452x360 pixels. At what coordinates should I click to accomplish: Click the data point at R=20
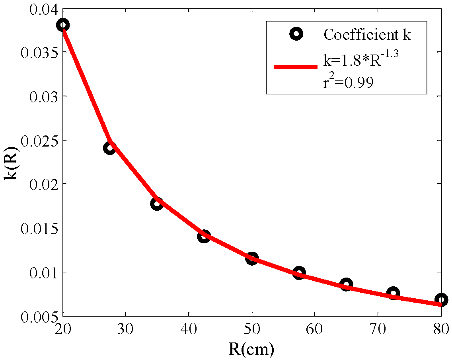pyautogui.click(x=63, y=25)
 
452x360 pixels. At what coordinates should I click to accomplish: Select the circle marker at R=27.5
pyautogui.click(x=110, y=148)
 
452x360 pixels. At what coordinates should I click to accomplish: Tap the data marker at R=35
pyautogui.click(x=157, y=203)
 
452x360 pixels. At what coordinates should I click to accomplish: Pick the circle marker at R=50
pyautogui.click(x=251, y=258)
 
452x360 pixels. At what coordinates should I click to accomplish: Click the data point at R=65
pyautogui.click(x=346, y=284)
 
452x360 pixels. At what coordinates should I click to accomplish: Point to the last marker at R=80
pyautogui.click(x=441, y=300)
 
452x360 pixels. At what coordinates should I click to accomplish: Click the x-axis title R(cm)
pyautogui.click(x=251, y=349)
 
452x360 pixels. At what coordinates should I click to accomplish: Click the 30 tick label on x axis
pyautogui.click(x=125, y=330)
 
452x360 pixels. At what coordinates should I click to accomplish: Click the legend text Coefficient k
pyautogui.click(x=366, y=35)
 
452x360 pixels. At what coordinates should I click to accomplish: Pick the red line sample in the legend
pyautogui.click(x=295, y=67)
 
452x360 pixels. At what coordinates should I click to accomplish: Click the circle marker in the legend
pyautogui.click(x=296, y=34)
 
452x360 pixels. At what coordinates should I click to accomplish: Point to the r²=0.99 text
pyautogui.click(x=348, y=83)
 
